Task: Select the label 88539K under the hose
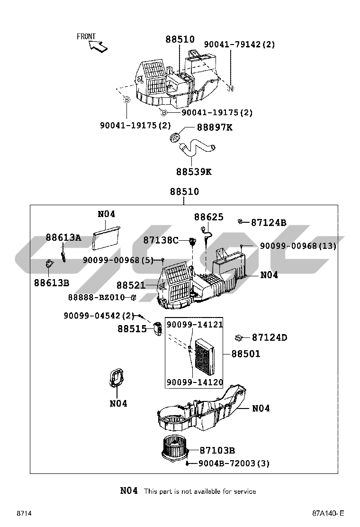pos(194,172)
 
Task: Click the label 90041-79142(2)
pos(239,45)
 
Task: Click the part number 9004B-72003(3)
pos(234,463)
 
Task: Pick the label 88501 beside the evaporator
pos(245,354)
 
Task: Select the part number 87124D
pos(270,337)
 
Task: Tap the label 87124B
pos(269,222)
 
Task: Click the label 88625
pos(208,217)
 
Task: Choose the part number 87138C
pos(161,240)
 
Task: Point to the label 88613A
pos(63,237)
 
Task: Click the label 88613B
pos(52,283)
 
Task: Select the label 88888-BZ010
pos(96,297)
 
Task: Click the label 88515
pos(132,328)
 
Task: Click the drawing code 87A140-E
pos(328,514)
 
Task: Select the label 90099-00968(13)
pos(298,246)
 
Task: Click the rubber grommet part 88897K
pos(176,138)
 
